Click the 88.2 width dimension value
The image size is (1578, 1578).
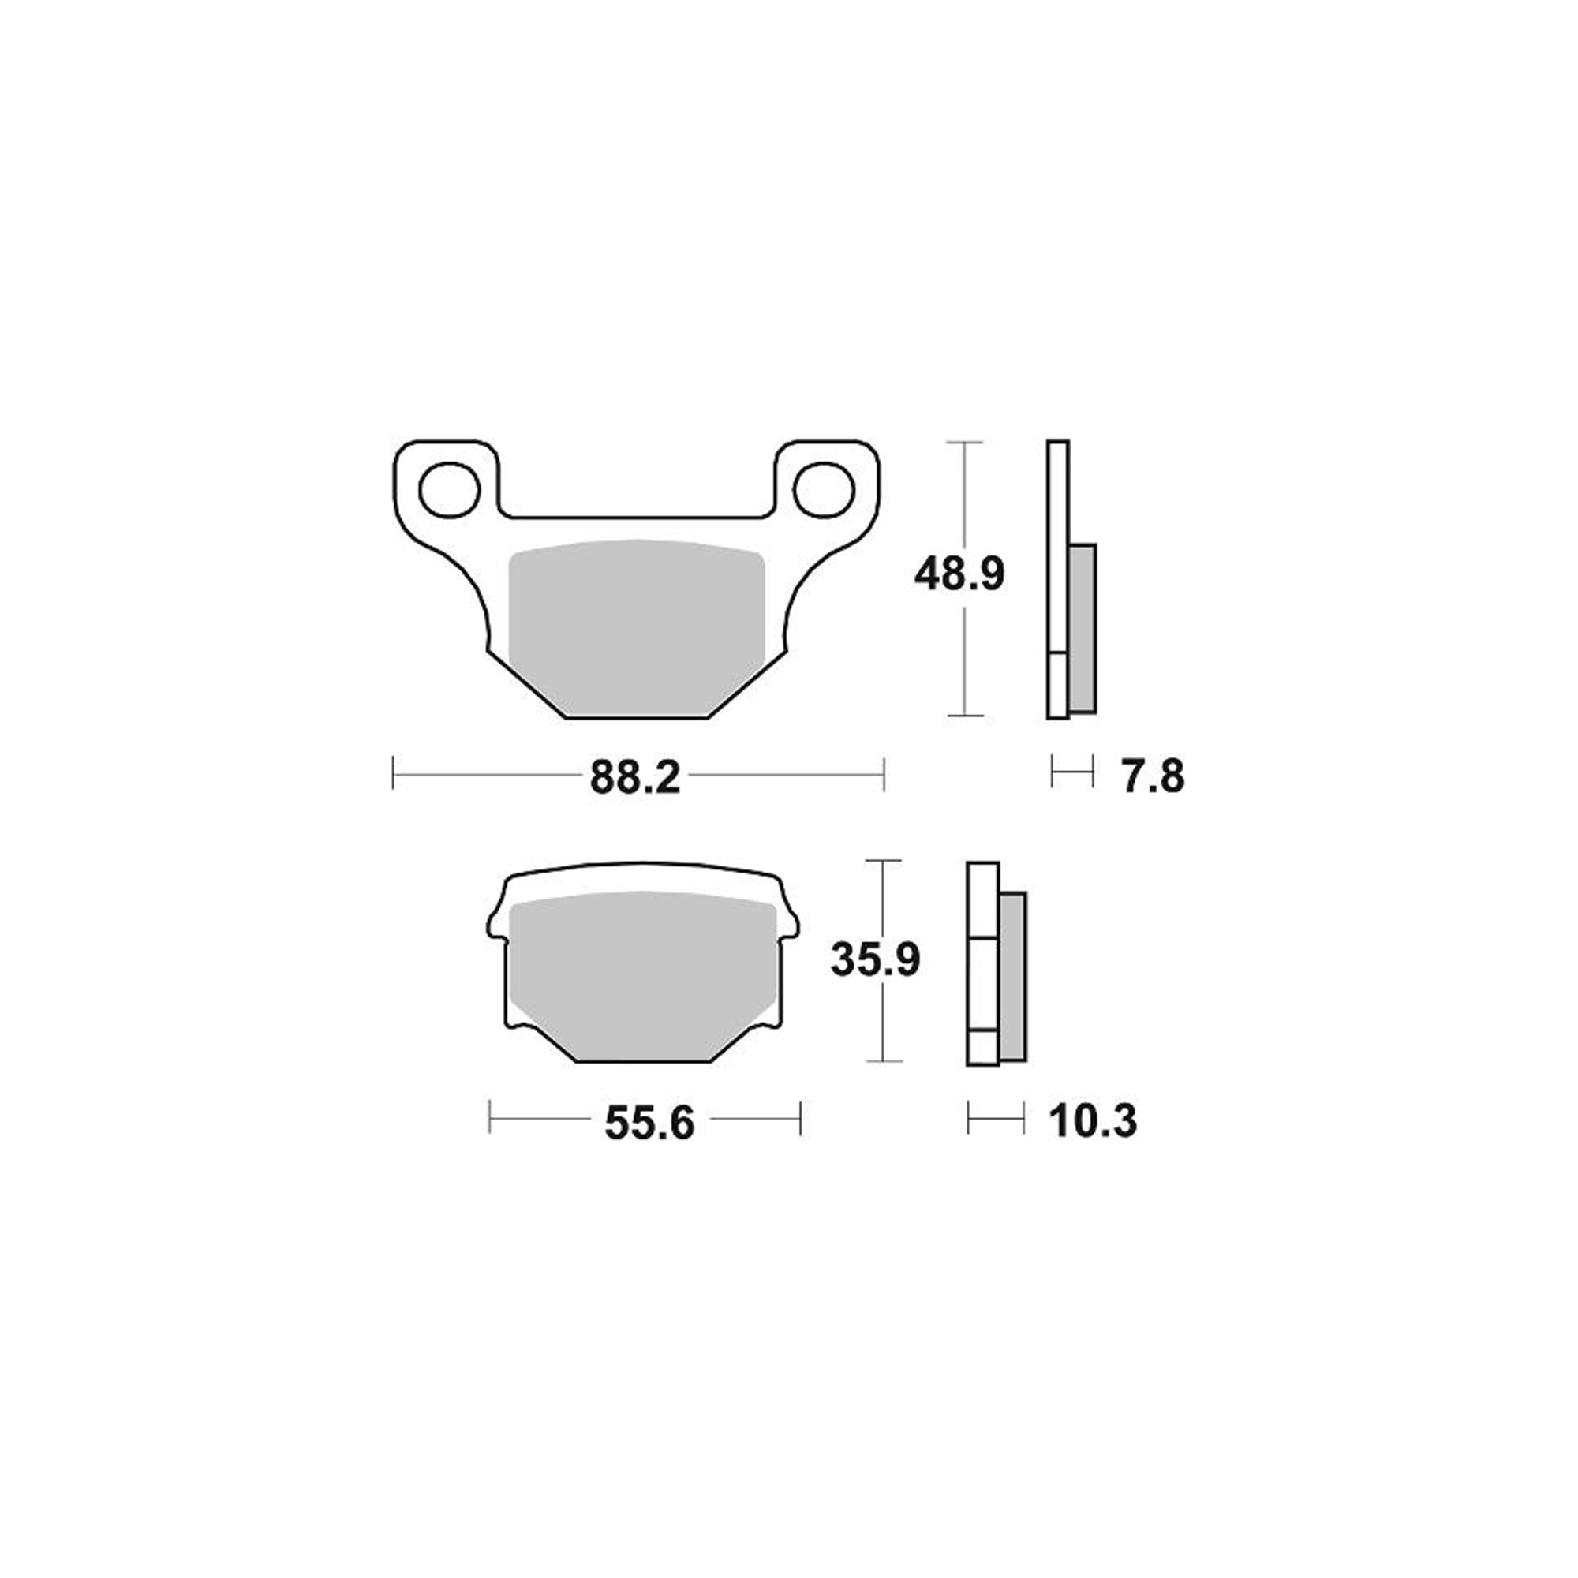(634, 778)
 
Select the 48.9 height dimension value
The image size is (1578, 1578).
(959, 574)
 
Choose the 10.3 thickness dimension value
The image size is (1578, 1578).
(1093, 1121)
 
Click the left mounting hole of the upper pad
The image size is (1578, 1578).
(448, 489)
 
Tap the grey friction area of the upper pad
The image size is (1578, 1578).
(636, 628)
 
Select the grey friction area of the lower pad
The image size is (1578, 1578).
(642, 975)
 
